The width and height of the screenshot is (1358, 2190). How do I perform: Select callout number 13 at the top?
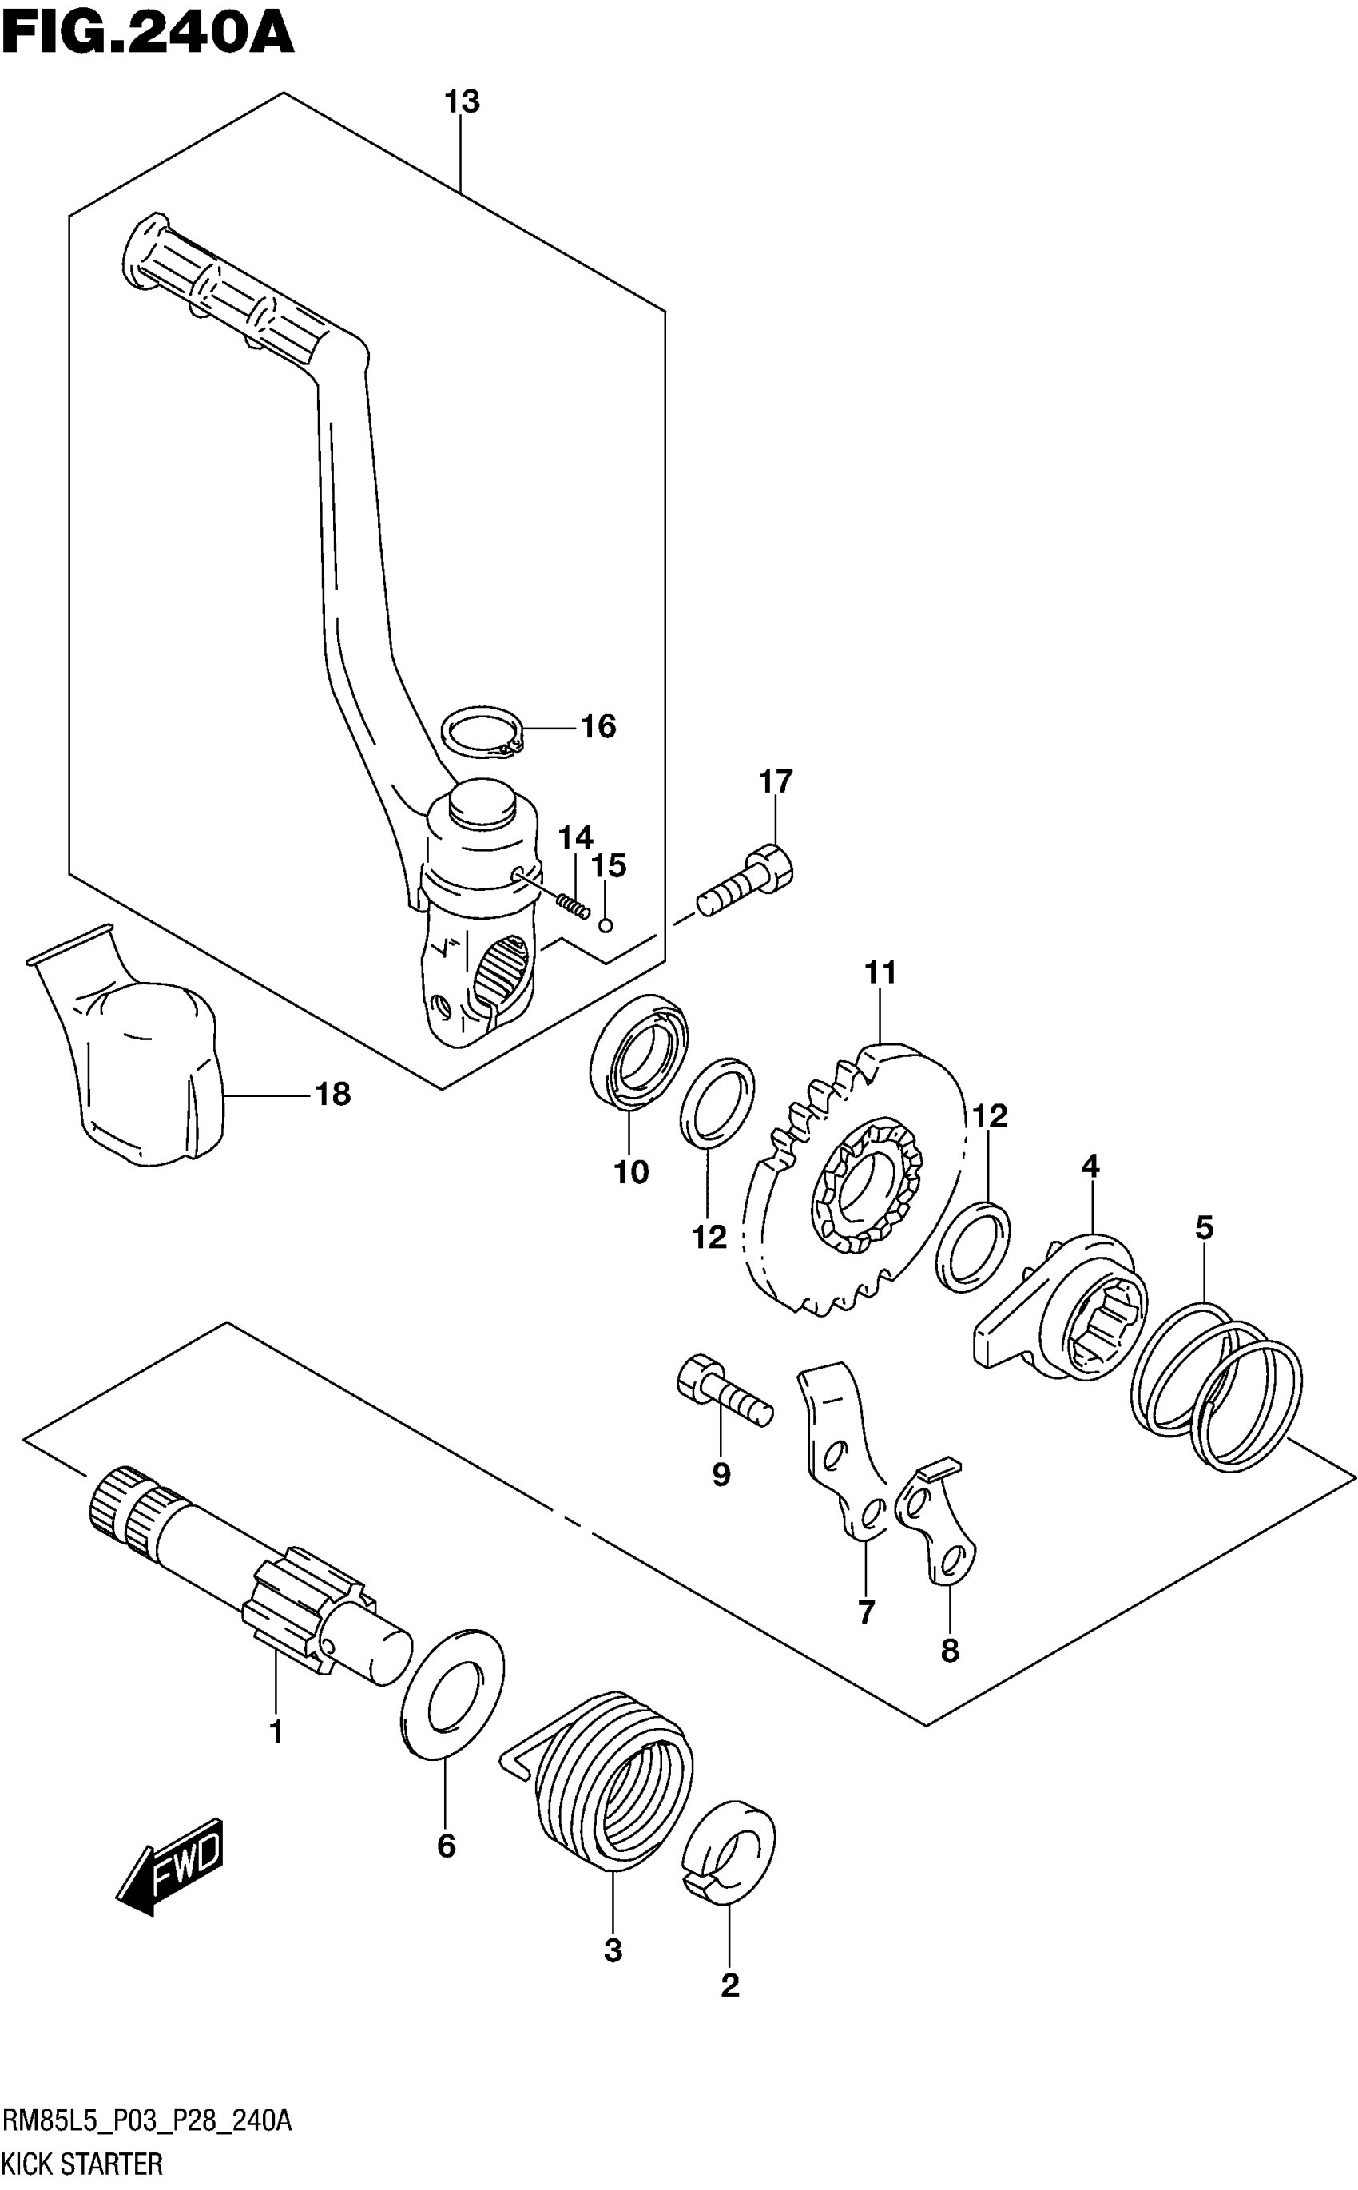point(463,102)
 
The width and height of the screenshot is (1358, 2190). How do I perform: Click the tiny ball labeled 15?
point(606,924)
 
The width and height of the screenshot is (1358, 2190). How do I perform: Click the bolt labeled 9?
point(723,1397)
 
